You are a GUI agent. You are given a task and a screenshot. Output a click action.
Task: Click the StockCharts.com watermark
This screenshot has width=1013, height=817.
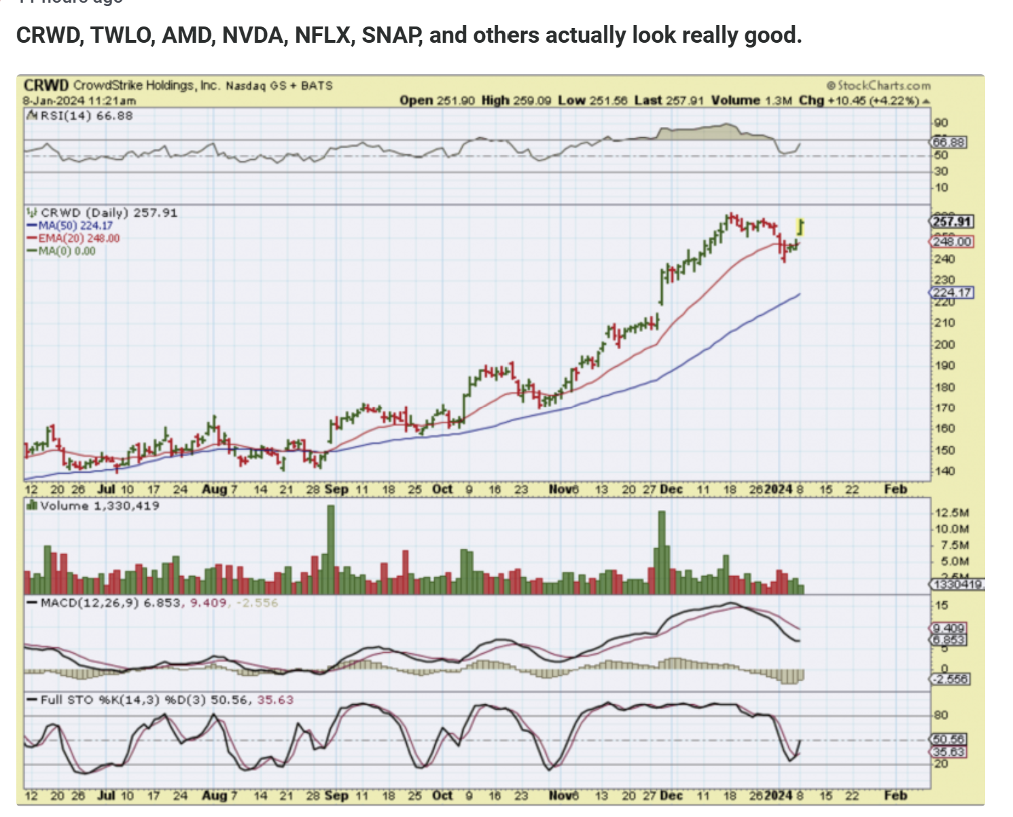tap(878, 86)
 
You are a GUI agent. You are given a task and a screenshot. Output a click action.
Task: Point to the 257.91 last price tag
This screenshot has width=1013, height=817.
tap(951, 221)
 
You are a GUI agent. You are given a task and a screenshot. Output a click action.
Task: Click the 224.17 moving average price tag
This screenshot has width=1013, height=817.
tap(951, 293)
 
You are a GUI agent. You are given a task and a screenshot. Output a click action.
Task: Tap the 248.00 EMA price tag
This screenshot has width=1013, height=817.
tap(951, 242)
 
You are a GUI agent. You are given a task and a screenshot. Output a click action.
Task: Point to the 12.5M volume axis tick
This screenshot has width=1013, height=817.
tap(952, 513)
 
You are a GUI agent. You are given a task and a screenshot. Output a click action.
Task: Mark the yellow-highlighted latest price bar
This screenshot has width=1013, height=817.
tap(801, 227)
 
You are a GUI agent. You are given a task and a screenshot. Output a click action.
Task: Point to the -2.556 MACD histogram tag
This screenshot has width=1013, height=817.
tap(950, 679)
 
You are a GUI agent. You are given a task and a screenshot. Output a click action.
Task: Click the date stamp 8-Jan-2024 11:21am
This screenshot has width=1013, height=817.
tap(79, 101)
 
